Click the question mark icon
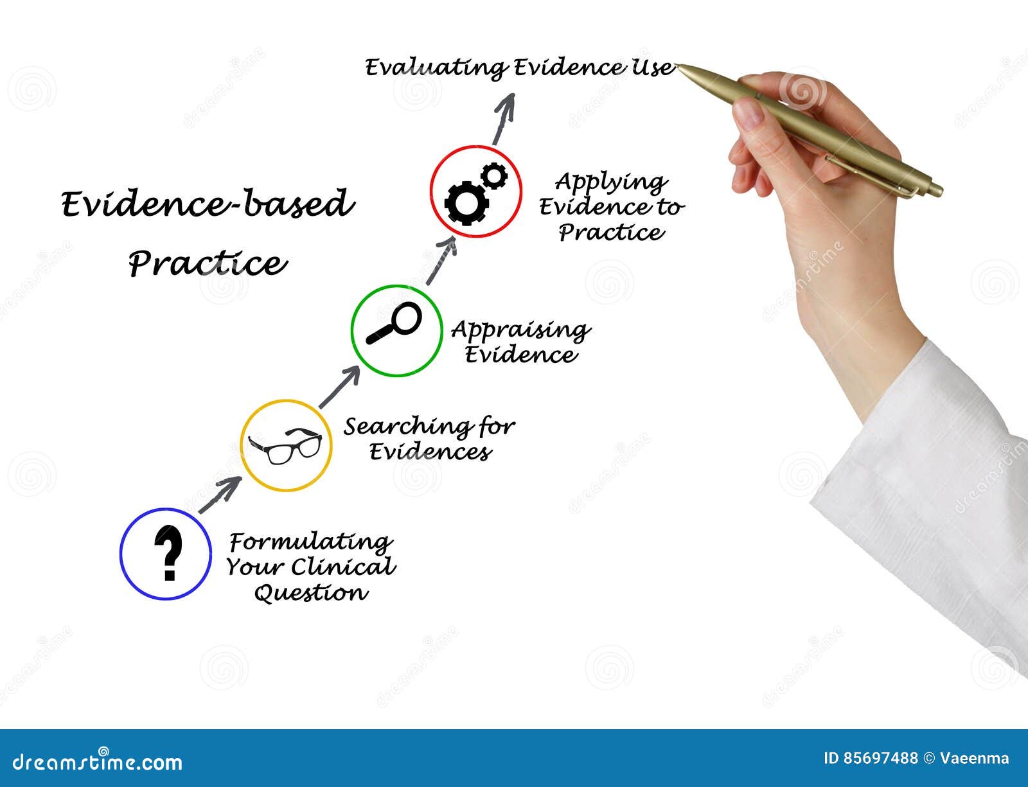tap(168, 553)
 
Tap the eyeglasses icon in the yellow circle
tap(285, 445)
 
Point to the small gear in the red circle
tap(493, 175)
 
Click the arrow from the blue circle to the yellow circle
tap(220, 494)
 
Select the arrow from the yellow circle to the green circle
tap(340, 387)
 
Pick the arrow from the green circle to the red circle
tap(441, 261)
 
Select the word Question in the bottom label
tap(311, 593)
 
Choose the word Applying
tap(611, 183)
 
